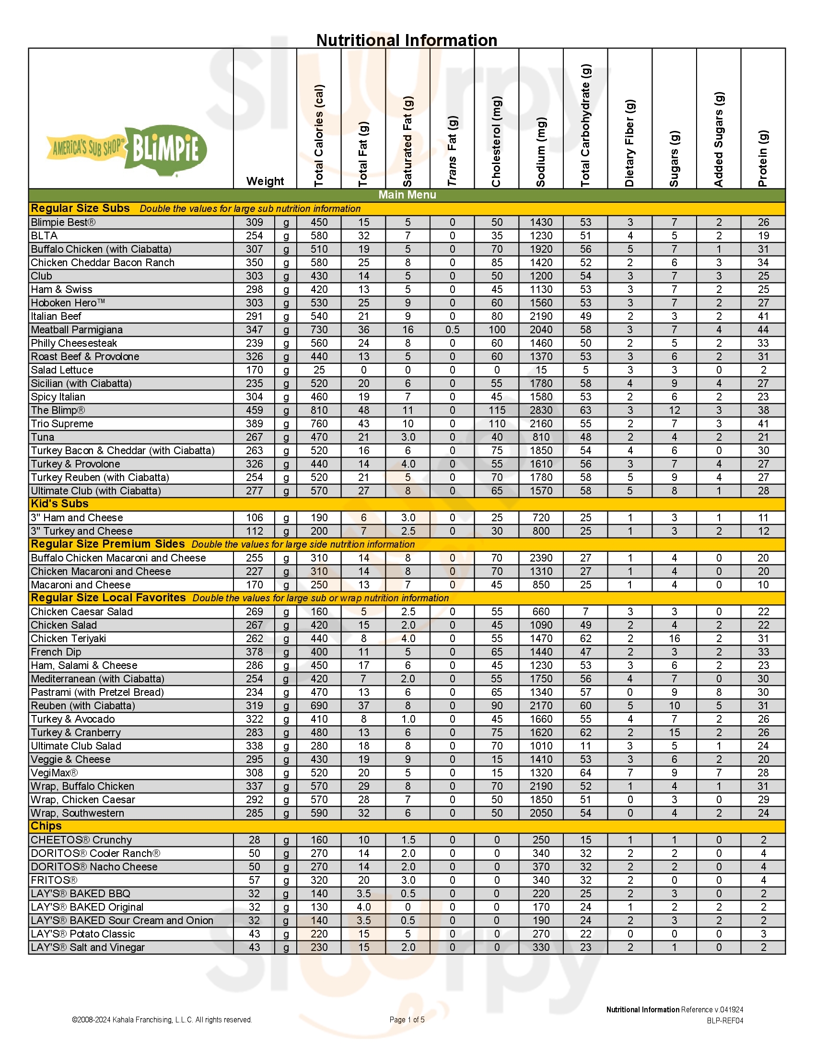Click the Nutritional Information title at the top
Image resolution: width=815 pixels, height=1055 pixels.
point(407,40)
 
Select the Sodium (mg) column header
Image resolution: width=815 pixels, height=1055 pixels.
point(541,152)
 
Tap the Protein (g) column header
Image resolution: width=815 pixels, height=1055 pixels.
point(763,158)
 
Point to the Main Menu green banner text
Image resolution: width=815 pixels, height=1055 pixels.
point(407,195)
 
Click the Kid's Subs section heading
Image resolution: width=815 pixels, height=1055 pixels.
point(59,504)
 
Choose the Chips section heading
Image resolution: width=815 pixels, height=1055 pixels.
point(46,826)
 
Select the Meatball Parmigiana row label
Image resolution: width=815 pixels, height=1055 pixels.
point(77,329)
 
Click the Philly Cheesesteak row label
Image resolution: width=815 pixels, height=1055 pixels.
point(74,343)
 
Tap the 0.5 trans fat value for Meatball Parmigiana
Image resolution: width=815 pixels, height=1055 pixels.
point(452,329)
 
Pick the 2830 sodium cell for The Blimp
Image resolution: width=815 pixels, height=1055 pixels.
point(541,410)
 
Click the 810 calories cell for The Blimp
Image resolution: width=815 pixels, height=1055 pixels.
point(319,410)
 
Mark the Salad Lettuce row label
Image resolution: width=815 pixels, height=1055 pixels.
point(62,370)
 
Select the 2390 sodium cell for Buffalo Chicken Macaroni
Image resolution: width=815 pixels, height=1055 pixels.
point(541,558)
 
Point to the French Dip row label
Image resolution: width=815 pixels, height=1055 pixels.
point(56,652)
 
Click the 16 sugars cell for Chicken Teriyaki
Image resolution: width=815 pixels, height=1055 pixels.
point(674,639)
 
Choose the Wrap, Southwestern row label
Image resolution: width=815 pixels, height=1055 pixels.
point(77,813)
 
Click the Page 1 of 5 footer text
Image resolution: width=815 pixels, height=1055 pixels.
point(407,1020)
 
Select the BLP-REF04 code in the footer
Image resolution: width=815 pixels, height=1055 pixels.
point(725,1020)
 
